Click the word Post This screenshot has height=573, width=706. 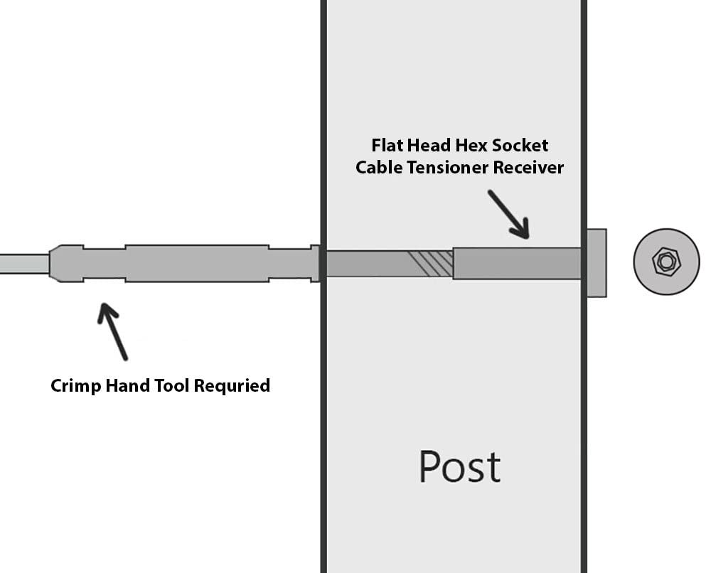[459, 467]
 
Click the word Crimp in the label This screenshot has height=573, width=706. [74, 386]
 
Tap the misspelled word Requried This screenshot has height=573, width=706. [232, 386]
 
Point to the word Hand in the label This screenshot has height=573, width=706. [129, 386]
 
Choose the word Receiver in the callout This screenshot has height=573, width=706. [530, 168]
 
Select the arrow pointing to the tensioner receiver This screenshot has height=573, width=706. [508, 213]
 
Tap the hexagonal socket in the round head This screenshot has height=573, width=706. [666, 262]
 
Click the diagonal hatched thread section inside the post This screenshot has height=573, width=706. [431, 263]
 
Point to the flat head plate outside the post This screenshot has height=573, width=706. [597, 262]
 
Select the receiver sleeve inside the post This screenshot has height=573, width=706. [517, 263]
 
